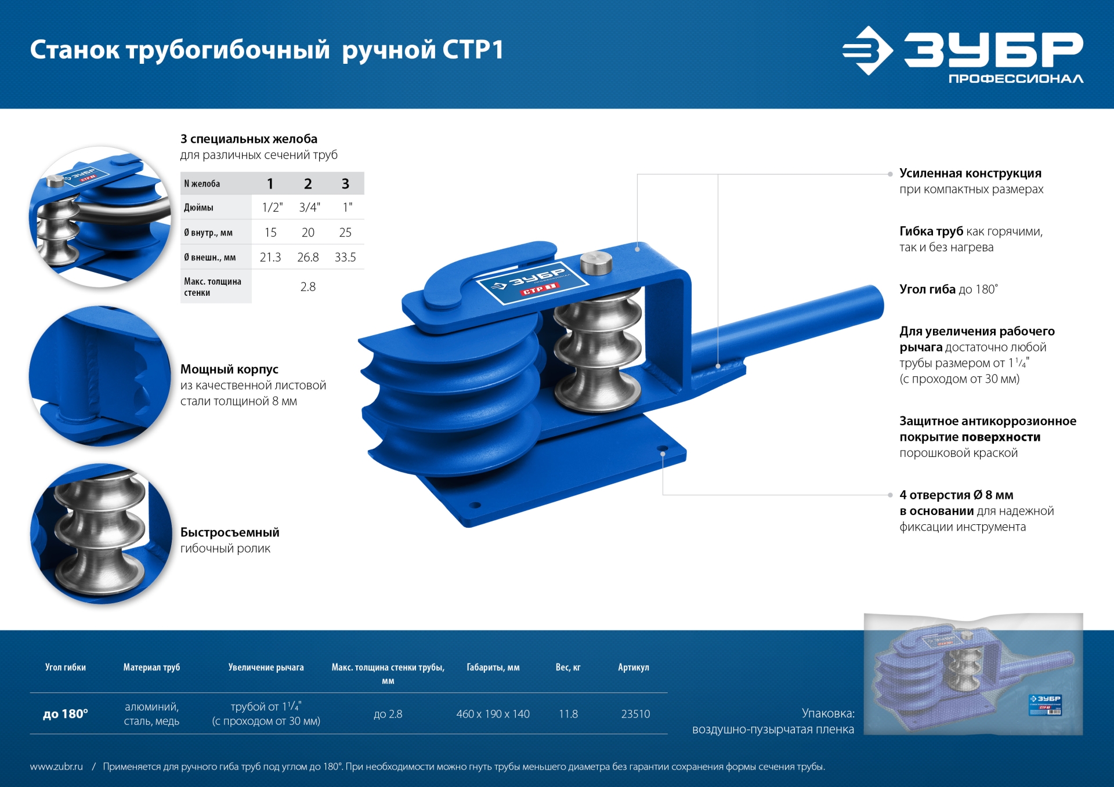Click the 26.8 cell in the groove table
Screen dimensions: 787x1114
[x=308, y=257]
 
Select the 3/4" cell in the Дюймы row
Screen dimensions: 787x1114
[x=309, y=207]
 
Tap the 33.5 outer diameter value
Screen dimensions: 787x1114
[x=345, y=257]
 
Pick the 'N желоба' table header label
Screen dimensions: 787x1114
[x=202, y=184]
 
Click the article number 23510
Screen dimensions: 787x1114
[x=635, y=714]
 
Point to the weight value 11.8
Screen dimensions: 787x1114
[x=568, y=714]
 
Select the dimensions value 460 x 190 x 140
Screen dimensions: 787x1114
[x=493, y=714]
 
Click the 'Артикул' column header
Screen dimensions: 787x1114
[x=633, y=668]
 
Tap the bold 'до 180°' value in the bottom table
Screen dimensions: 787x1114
[x=66, y=714]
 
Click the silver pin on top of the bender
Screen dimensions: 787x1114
[x=596, y=263]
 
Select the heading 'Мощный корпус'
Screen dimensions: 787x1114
[x=229, y=369]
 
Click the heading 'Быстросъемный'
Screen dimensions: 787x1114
[x=230, y=532]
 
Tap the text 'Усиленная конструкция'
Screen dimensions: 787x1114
[x=970, y=173]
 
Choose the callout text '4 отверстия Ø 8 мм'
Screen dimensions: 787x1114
[x=956, y=495]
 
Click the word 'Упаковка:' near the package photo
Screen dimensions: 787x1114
[x=827, y=713]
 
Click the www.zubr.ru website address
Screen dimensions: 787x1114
[x=56, y=767]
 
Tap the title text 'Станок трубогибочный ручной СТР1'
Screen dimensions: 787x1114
[x=267, y=50]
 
